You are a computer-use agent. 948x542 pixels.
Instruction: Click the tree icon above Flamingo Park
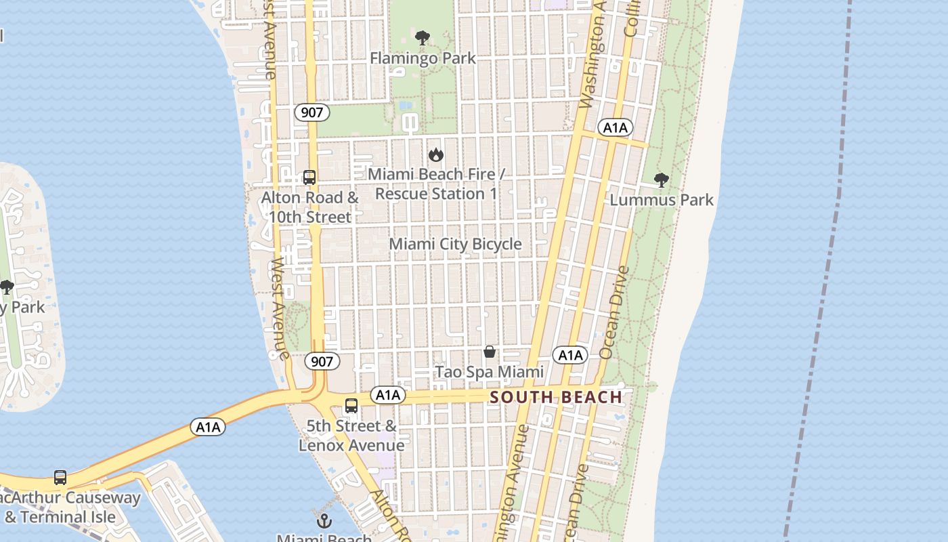tap(423, 37)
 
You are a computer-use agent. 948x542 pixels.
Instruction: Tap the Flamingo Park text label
tap(423, 58)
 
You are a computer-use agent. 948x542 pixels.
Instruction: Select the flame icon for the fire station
tap(436, 154)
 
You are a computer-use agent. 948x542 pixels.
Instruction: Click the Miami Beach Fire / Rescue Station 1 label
tap(436, 184)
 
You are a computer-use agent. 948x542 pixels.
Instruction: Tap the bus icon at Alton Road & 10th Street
tap(309, 178)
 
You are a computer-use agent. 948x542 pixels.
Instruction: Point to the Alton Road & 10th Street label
tap(310, 207)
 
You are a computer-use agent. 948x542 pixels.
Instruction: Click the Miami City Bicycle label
tap(455, 244)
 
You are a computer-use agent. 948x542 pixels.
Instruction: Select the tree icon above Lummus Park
tap(662, 180)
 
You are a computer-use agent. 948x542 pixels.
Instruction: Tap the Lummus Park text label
tap(662, 200)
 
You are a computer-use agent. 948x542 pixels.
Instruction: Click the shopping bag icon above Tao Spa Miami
tap(490, 352)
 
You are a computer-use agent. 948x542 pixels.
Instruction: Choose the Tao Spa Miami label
tap(489, 372)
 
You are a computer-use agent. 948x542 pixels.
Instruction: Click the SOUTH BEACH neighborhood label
tap(556, 397)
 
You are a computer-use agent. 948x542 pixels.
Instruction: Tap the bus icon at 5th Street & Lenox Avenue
tap(351, 406)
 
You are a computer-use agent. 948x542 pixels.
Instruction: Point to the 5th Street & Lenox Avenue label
tap(351, 435)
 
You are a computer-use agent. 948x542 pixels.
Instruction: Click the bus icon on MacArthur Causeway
tap(60, 478)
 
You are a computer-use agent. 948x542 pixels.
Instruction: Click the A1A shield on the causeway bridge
tap(208, 427)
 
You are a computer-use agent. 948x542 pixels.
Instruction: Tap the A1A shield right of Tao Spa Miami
tap(569, 355)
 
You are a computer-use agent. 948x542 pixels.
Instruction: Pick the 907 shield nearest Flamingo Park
tap(311, 112)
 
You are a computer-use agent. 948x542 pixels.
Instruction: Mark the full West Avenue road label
tap(279, 308)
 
